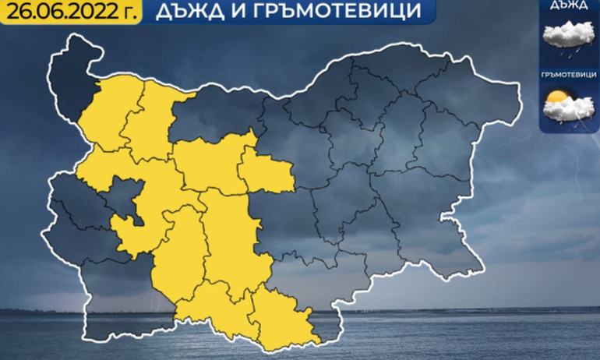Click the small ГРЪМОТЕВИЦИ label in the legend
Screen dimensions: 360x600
coord(568,76)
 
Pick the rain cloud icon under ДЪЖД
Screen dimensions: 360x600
coord(568,37)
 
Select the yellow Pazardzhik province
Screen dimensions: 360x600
coord(178,257)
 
